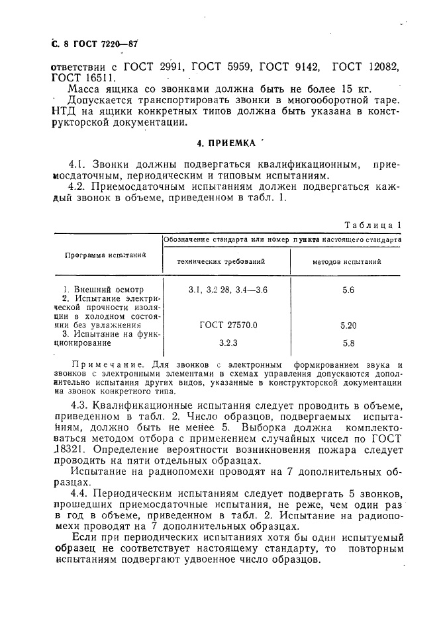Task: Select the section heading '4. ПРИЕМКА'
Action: click(226, 142)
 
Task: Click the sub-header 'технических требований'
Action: click(220, 262)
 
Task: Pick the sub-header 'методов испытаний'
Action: click(347, 262)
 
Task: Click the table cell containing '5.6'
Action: click(348, 290)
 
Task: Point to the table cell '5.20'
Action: click(348, 325)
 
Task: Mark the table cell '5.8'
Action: click(348, 343)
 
